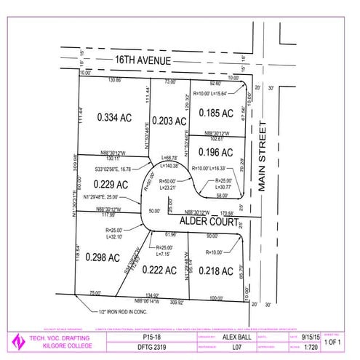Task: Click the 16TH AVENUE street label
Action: [137, 63]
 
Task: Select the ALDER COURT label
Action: [209, 219]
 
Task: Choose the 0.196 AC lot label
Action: [216, 152]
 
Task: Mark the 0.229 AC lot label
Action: [111, 184]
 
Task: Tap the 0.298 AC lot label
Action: [103, 256]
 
